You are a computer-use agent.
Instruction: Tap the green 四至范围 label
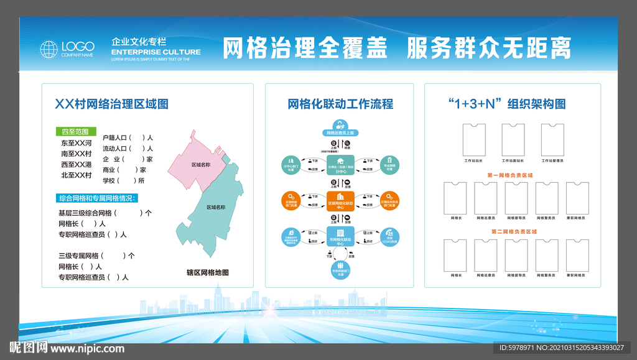[75, 132]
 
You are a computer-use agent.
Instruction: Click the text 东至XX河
[76, 142]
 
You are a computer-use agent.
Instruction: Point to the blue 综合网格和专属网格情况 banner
[98, 198]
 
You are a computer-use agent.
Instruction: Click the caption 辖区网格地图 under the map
[208, 272]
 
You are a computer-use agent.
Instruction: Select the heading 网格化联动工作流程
[340, 104]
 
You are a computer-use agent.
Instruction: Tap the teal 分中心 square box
[340, 165]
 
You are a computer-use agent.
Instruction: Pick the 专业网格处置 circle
[390, 165]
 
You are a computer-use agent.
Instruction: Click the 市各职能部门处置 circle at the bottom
[340, 272]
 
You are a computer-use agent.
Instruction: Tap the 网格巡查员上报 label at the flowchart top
[340, 132]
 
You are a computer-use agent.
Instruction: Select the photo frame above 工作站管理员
[553, 139]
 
